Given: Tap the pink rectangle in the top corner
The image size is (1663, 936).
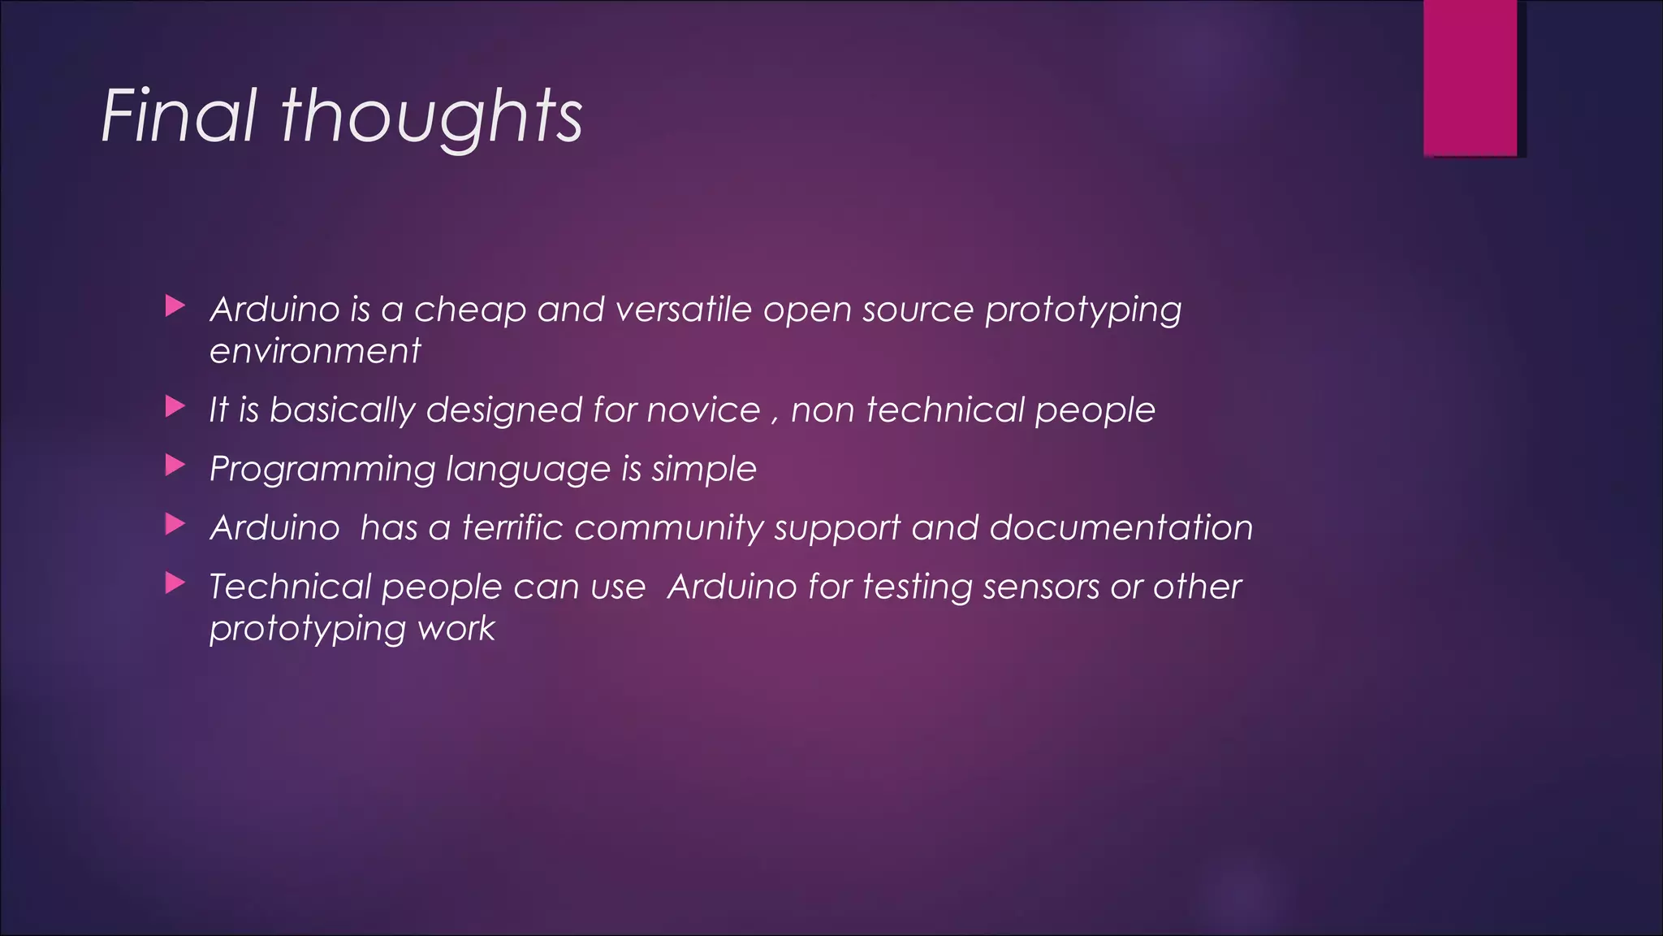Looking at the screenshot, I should [1470, 77].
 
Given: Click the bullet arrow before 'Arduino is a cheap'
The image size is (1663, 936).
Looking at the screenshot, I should [175, 306].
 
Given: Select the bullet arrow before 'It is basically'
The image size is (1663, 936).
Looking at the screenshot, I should [175, 406].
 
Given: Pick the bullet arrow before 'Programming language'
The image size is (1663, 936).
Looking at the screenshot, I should [175, 466].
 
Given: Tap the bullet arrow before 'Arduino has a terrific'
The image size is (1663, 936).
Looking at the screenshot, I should [175, 524].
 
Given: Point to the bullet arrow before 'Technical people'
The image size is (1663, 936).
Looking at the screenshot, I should [175, 583].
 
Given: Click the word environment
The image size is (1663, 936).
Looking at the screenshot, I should [315, 351].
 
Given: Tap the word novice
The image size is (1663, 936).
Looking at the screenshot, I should [703, 409].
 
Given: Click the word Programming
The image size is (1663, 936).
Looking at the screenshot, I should [322, 470].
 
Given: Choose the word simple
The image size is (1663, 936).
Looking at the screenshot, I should [703, 470].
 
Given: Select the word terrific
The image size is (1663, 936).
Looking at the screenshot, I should [512, 527].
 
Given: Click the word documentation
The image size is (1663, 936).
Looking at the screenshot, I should [1121, 527].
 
